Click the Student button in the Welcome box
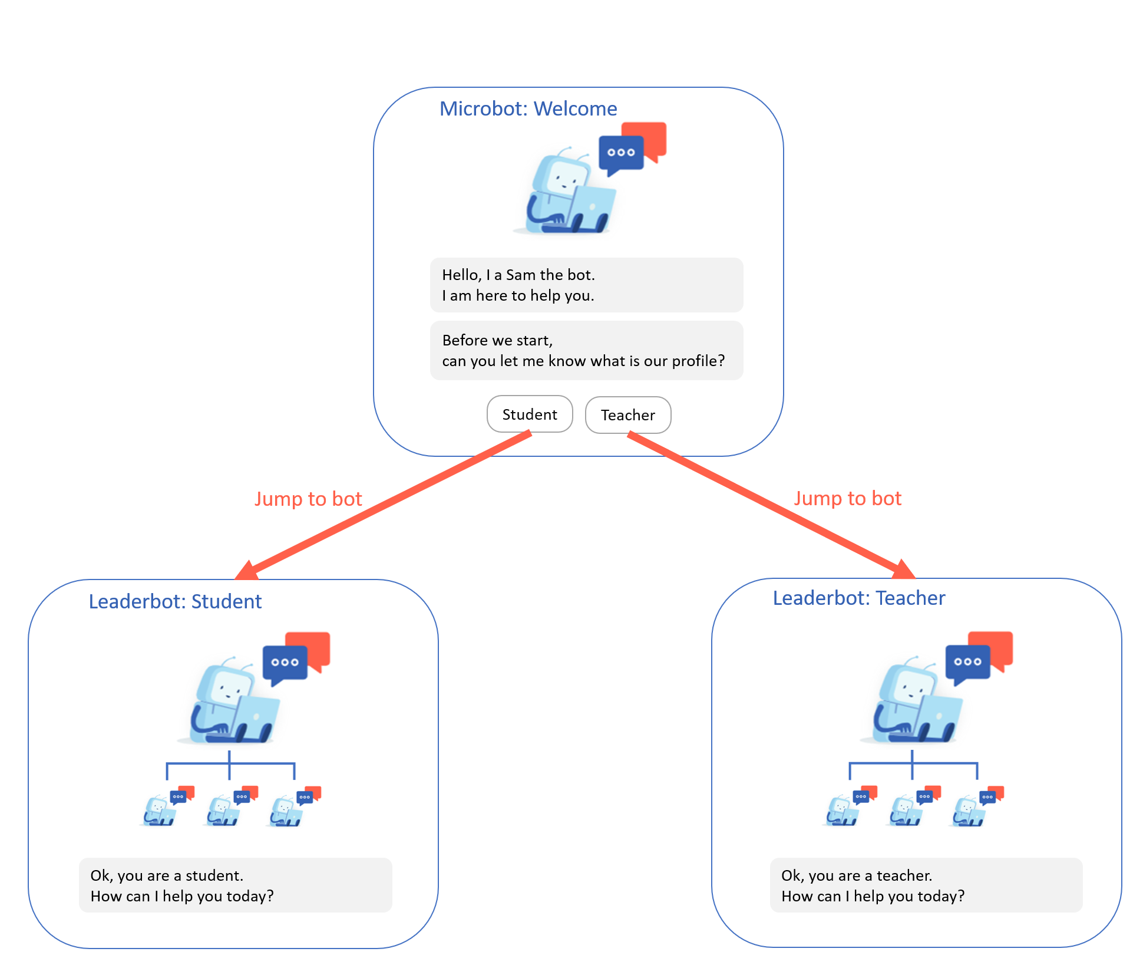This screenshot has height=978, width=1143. coord(530,414)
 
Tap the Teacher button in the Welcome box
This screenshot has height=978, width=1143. coord(628,415)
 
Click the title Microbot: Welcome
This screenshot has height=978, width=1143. coord(528,109)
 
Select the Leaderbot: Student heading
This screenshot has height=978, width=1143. coord(175,601)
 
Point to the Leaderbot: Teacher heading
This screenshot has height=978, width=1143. coord(858,598)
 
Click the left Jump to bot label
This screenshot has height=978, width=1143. coord(308,499)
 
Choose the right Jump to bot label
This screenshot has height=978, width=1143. coord(847,498)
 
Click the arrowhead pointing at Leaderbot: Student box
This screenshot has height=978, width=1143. coord(247,571)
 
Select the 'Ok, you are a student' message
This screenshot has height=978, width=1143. coord(235,885)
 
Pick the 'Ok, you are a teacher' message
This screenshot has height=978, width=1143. coord(926,885)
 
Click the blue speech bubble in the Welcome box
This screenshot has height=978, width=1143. coord(620,153)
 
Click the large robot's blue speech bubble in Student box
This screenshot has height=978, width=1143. coord(285,663)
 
